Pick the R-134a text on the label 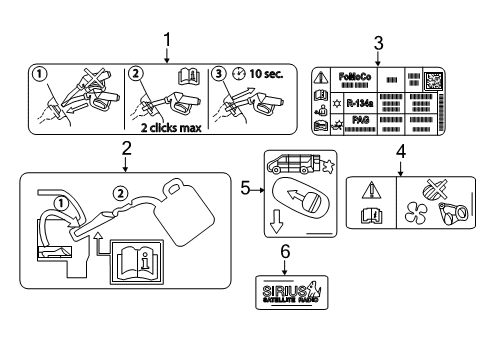[x=353, y=101]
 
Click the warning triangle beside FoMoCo [x=321, y=78]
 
